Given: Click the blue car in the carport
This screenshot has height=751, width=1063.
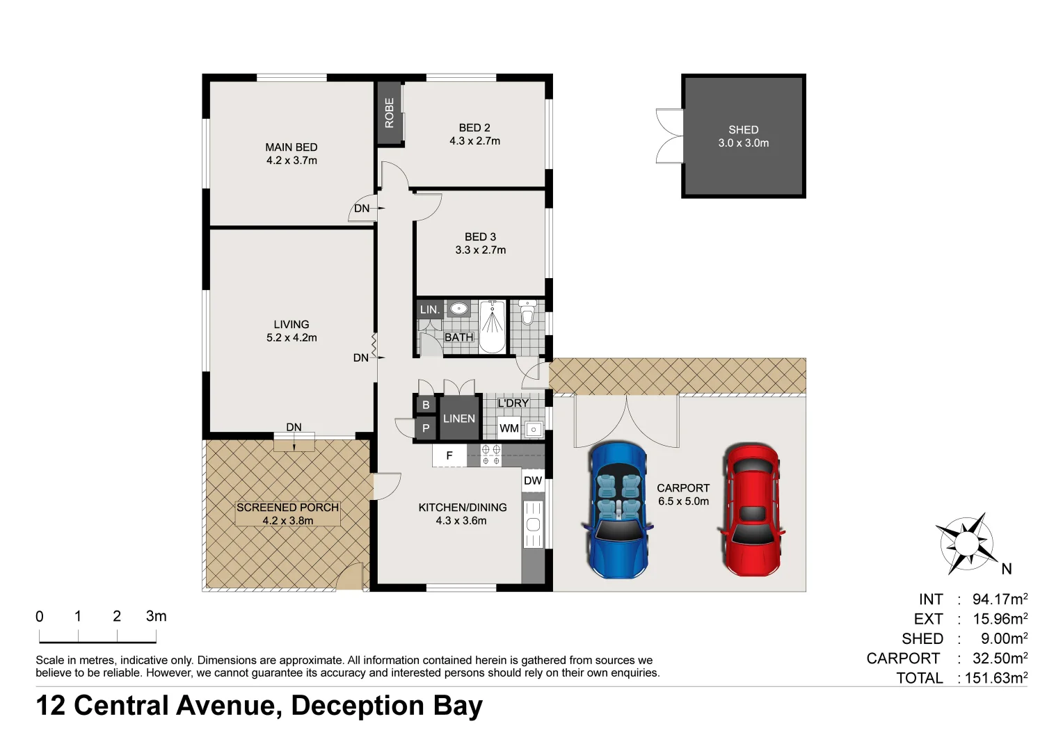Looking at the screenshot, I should (x=618, y=510).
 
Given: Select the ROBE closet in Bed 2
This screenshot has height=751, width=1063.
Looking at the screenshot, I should (x=390, y=113).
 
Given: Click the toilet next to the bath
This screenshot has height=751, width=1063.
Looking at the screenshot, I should (x=527, y=313).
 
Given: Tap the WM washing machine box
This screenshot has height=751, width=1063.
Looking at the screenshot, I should (x=509, y=428).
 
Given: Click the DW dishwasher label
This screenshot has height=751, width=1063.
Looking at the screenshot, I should (x=533, y=481).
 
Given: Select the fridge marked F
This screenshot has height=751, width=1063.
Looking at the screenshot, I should (x=449, y=455).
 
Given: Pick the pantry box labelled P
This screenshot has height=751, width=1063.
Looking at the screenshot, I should (x=426, y=428).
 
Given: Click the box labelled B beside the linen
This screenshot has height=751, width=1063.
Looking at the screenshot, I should (x=426, y=405).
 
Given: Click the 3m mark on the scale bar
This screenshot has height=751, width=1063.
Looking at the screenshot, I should (x=156, y=617).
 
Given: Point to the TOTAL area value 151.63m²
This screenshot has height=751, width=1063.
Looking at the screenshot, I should (x=996, y=678).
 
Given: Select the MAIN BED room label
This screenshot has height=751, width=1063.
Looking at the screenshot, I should (x=291, y=147).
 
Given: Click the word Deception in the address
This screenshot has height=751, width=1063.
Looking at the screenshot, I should (x=358, y=706).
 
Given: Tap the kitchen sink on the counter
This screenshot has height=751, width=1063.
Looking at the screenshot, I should (x=533, y=524).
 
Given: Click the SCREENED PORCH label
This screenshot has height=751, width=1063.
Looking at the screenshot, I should (x=287, y=508).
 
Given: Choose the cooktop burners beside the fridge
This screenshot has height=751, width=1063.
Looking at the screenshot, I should (x=491, y=455).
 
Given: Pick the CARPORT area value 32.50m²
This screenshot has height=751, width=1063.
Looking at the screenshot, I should (x=1000, y=659).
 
